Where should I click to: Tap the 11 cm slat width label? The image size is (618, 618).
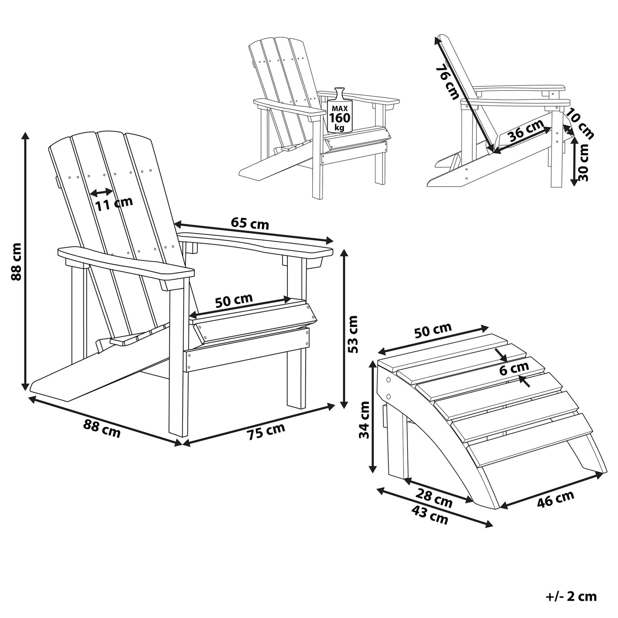114,204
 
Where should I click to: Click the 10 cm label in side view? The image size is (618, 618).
580,124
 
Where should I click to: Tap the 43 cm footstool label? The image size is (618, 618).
430,516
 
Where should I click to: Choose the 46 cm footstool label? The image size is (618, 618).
556,499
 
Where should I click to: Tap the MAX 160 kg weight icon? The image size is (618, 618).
340,111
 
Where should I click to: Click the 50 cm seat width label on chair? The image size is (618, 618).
234,300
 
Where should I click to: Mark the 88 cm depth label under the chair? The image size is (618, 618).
102,430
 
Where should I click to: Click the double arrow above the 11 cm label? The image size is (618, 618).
102,192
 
